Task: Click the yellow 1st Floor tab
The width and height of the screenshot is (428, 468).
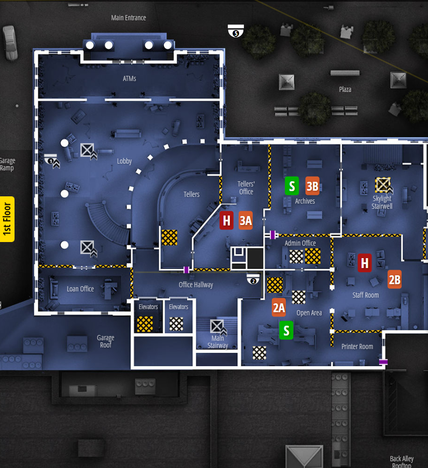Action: pos(8,219)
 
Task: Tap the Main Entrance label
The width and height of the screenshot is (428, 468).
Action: pos(129,18)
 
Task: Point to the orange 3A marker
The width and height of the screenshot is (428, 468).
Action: pos(245,220)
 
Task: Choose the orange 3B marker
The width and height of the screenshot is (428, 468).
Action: pos(312,185)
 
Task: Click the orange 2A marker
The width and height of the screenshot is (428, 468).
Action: pos(279,307)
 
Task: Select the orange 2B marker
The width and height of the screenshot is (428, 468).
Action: pos(394,279)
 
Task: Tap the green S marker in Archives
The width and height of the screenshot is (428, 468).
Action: pos(292,185)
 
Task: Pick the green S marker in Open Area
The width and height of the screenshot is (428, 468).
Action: pos(286,330)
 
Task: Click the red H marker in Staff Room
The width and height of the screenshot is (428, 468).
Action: pos(365,263)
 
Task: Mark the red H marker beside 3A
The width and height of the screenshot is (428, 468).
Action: pos(226,220)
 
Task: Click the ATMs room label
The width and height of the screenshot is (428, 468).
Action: pos(129,79)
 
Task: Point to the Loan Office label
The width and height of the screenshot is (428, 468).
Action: pos(80,289)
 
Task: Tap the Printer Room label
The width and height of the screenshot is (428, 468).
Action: pos(357,346)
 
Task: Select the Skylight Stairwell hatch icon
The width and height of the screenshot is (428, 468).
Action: pos(383,185)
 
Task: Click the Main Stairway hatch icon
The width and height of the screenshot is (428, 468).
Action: pos(216,327)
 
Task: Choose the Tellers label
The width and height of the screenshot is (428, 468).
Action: pos(191,194)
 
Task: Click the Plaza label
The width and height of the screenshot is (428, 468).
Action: pos(345,89)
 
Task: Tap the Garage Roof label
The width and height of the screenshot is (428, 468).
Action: pos(105,341)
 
